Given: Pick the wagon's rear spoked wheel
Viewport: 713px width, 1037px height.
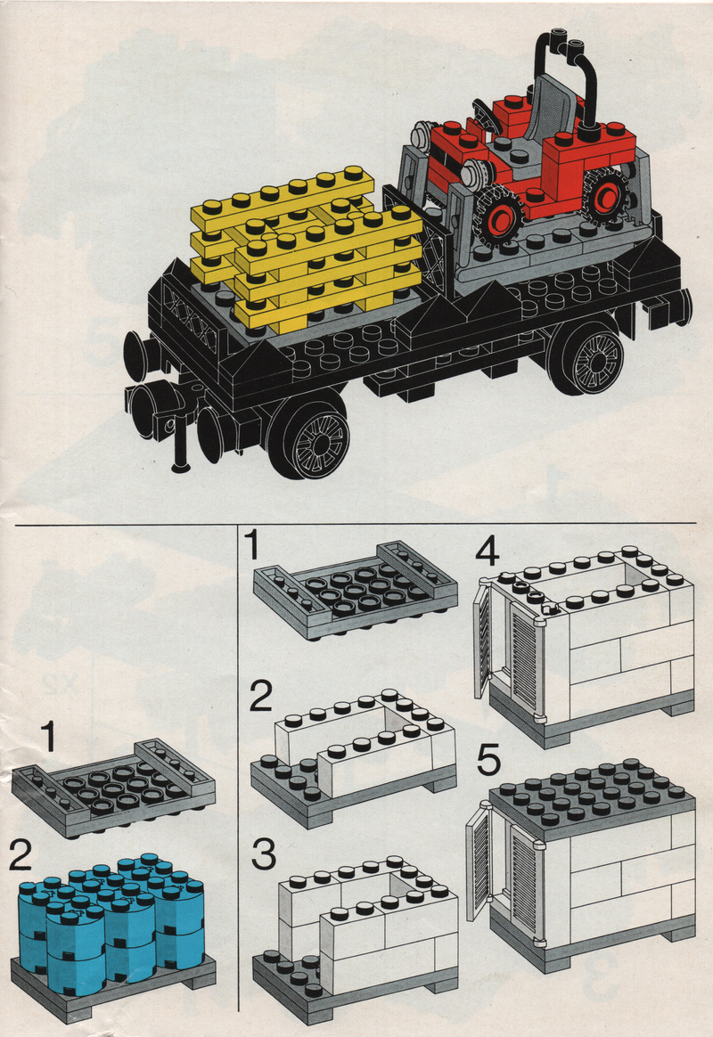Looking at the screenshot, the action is coord(592,358).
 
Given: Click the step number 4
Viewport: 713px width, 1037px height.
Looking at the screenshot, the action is coord(488,552).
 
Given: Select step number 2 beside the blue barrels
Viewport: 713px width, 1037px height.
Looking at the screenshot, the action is coord(20,856).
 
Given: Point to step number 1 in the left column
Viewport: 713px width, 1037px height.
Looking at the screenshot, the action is coord(47,737).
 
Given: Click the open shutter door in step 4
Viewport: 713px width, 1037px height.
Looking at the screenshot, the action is coord(483,638).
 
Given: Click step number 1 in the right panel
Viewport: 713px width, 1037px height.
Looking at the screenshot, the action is coord(252,545).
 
